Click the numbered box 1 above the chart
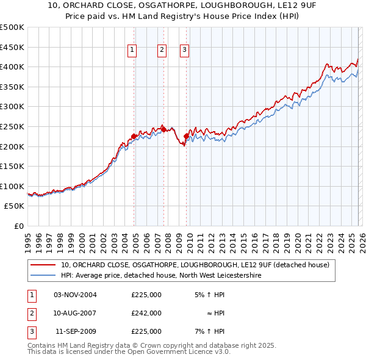pos(132,51)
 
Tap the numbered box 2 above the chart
pos(162,51)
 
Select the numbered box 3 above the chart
pos(184,51)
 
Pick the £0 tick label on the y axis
pos(18,226)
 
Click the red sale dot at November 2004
pos(134,137)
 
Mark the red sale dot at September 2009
pos(185,137)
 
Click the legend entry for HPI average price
pos(161,276)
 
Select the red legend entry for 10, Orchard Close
pos(195,265)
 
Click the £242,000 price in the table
pos(146,313)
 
